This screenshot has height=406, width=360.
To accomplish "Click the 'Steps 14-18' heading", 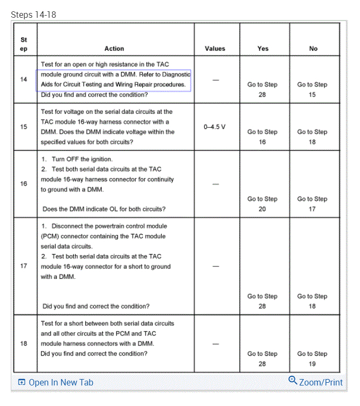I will click(33, 15).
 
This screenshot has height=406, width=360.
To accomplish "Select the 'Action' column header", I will click(114, 49).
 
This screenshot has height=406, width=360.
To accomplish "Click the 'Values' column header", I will click(215, 49).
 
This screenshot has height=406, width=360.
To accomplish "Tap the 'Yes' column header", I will click(262, 49).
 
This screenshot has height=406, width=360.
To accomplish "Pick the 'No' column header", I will click(313, 49).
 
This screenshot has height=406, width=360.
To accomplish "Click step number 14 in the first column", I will click(24, 79).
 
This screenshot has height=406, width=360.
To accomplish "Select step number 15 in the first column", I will click(24, 127).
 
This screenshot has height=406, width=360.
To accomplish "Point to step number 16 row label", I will click(24, 184).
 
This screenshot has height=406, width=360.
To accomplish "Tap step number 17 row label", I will click(24, 266).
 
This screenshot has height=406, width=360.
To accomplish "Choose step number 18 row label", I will click(24, 343).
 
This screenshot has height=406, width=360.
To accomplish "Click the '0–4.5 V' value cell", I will click(215, 127).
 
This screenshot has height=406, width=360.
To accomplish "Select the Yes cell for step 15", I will click(262, 137).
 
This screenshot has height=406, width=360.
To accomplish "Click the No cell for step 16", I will click(313, 204).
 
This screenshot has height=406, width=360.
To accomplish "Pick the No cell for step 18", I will click(313, 359).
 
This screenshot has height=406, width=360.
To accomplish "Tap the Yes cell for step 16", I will click(262, 204).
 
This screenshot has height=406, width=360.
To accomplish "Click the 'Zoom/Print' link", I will click(321, 382).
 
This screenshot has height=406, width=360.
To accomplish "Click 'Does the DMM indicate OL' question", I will click(104, 209).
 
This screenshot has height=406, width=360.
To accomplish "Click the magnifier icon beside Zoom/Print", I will click(293, 381).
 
